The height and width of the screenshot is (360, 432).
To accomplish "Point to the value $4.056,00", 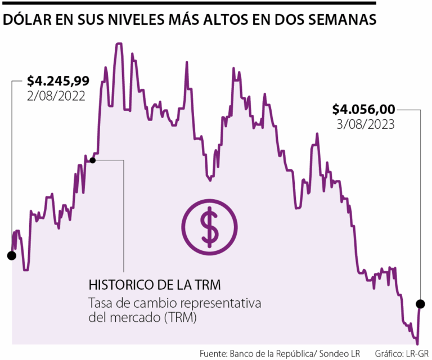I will coord(364,109).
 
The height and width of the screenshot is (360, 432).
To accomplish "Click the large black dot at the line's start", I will coord(11,256).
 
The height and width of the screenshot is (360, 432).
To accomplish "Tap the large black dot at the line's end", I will coord(420,304).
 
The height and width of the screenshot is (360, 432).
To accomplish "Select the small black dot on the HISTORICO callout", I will coord(93,160).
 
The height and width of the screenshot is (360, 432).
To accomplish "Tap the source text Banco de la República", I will coord(275,353).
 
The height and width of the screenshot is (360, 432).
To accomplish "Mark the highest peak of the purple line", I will coord(119,44).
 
